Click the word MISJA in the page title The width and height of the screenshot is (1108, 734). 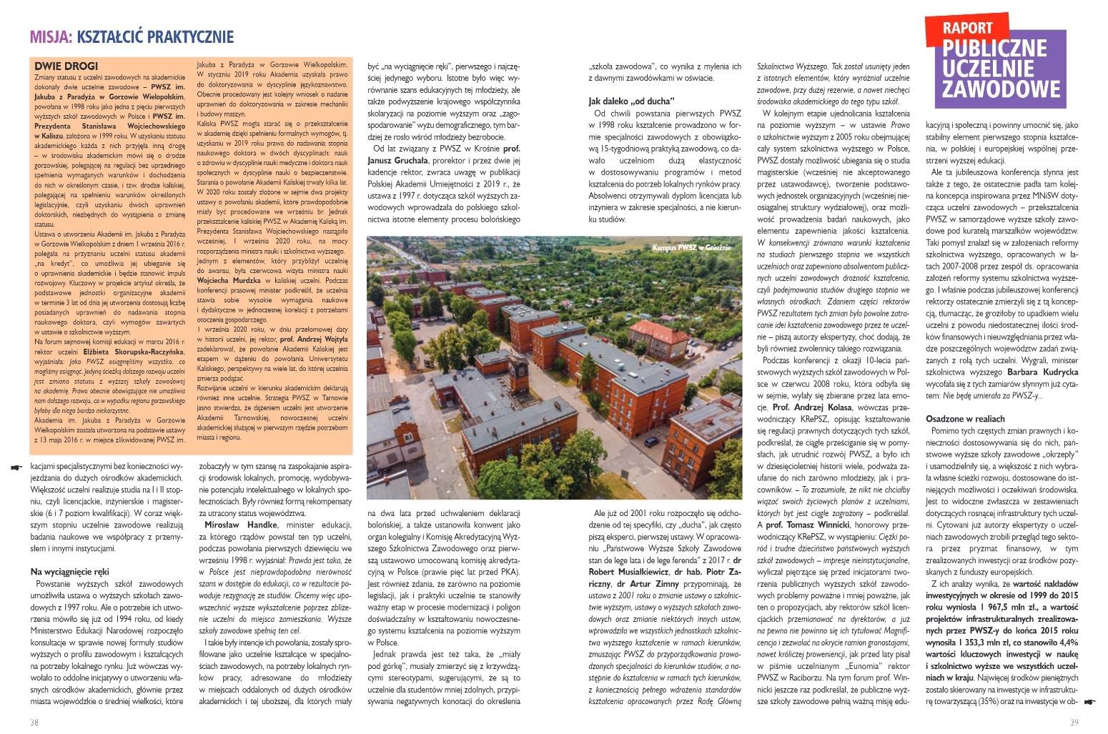tap(48, 37)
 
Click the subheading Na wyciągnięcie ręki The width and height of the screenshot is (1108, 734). tap(69, 572)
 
